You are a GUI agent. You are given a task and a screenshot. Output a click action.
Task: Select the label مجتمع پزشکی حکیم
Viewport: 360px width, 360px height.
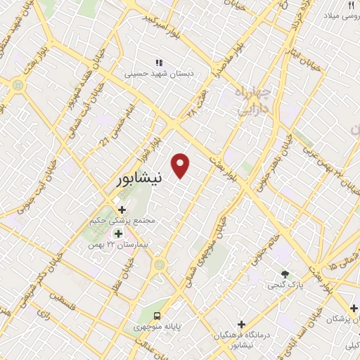(x=127, y=221)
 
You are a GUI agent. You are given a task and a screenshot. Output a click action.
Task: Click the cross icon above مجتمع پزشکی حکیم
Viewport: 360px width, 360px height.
(x=123, y=210)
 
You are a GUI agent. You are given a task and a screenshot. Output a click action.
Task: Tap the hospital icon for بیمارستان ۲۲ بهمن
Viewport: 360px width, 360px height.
(x=118, y=233)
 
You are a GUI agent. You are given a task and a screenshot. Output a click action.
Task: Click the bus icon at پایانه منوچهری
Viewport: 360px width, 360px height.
(x=157, y=316)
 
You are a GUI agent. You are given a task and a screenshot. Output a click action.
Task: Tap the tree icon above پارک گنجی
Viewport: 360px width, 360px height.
(x=285, y=274)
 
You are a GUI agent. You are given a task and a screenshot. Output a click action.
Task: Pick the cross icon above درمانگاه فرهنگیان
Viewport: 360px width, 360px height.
(x=242, y=325)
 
